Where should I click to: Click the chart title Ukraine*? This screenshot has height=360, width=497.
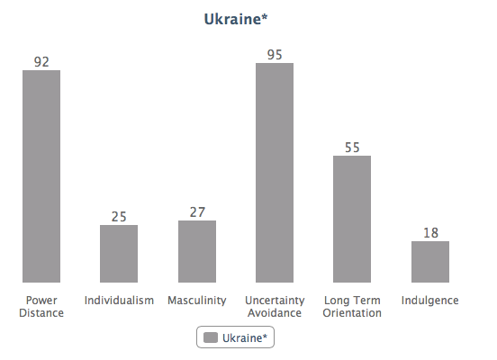click(x=236, y=19)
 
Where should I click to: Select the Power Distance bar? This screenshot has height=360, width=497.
click(x=41, y=176)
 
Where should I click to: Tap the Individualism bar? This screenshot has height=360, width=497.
click(x=119, y=254)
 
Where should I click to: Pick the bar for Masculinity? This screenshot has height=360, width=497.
click(x=197, y=251)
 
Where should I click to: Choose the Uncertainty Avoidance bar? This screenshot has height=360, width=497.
click(x=275, y=173)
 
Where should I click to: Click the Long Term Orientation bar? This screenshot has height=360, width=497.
click(x=352, y=219)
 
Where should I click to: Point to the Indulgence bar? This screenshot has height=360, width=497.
click(x=430, y=262)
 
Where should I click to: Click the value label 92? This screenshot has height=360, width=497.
click(x=41, y=62)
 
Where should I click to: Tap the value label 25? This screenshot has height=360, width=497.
click(x=119, y=217)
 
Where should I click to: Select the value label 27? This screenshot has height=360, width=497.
click(x=197, y=212)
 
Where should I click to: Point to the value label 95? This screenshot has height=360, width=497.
click(x=275, y=55)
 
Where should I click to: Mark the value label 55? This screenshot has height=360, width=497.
click(x=352, y=148)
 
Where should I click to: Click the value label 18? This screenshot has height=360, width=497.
click(x=430, y=233)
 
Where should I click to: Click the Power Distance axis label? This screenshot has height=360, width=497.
click(x=41, y=306)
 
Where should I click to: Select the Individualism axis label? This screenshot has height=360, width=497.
click(x=119, y=300)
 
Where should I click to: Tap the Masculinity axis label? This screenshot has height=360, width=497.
click(x=197, y=300)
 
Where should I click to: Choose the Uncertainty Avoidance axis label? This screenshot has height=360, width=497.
click(x=275, y=306)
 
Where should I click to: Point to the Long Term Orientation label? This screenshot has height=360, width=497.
click(x=352, y=306)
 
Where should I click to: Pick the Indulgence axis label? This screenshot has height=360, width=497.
click(x=430, y=301)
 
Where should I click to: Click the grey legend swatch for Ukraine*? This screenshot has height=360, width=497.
click(x=211, y=337)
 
